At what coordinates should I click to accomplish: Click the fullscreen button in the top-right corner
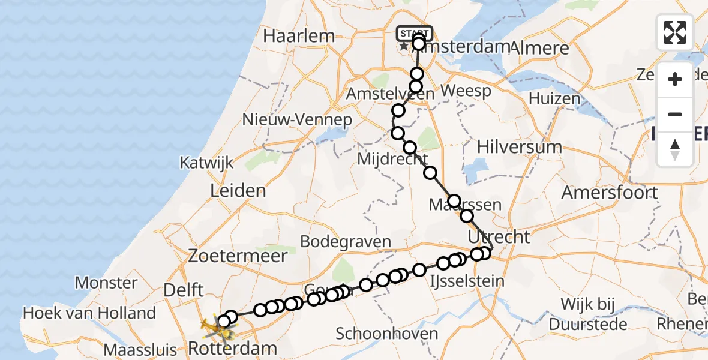pos(675,32)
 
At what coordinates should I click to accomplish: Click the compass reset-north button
pos(675,149)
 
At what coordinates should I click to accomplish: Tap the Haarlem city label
pos(298,36)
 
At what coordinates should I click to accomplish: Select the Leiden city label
pos(238,191)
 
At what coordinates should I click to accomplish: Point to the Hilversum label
pos(520,147)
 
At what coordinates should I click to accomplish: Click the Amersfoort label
pos(610,193)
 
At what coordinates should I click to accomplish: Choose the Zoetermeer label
pos(238,256)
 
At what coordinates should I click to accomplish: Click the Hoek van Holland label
pos(89,313)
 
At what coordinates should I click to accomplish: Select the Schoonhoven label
pos(386,334)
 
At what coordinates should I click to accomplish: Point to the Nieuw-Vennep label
pos(296,119)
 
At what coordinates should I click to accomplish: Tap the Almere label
pos(538,47)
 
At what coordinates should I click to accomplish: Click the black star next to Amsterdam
pos(404,46)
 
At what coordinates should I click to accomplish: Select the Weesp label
pos(466,91)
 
